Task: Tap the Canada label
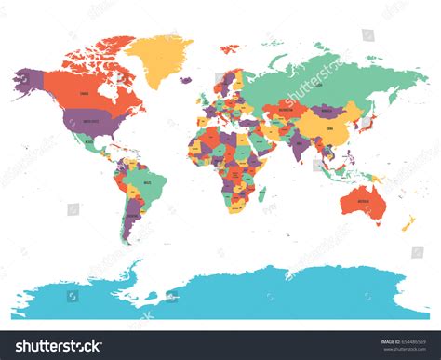click(x=85, y=94)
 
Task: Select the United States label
click(x=91, y=120)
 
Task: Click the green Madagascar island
click(x=260, y=197)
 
